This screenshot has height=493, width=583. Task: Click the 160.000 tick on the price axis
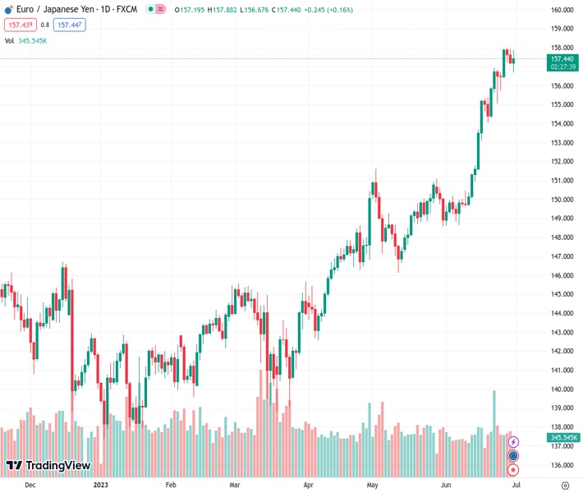coord(562,11)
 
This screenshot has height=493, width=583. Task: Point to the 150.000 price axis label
coord(562,200)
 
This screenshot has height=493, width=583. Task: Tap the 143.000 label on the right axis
coord(562,332)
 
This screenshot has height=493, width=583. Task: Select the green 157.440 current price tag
coord(562,59)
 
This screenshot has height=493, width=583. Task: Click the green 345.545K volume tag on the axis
coord(563,437)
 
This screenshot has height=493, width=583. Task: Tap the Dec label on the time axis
coord(30,486)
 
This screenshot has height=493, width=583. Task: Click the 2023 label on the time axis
coord(100,486)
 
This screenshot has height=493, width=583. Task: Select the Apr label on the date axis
coord(308,486)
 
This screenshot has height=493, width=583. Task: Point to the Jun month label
coord(445,486)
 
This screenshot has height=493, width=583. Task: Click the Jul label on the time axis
coord(516,486)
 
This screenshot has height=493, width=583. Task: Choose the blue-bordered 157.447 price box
coord(69,25)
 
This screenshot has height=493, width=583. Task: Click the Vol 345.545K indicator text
coord(26,40)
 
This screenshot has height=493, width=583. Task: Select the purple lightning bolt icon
coord(514,442)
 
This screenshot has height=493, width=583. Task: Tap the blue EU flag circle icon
coord(514,455)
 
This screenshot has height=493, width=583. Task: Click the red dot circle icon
coord(514,469)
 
